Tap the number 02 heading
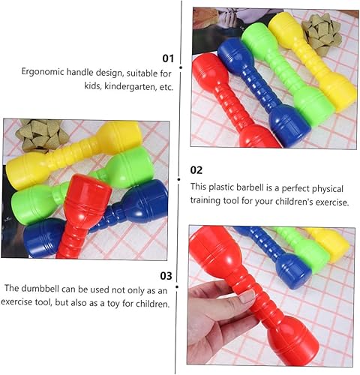[196, 170]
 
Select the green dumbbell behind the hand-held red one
[304, 247]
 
